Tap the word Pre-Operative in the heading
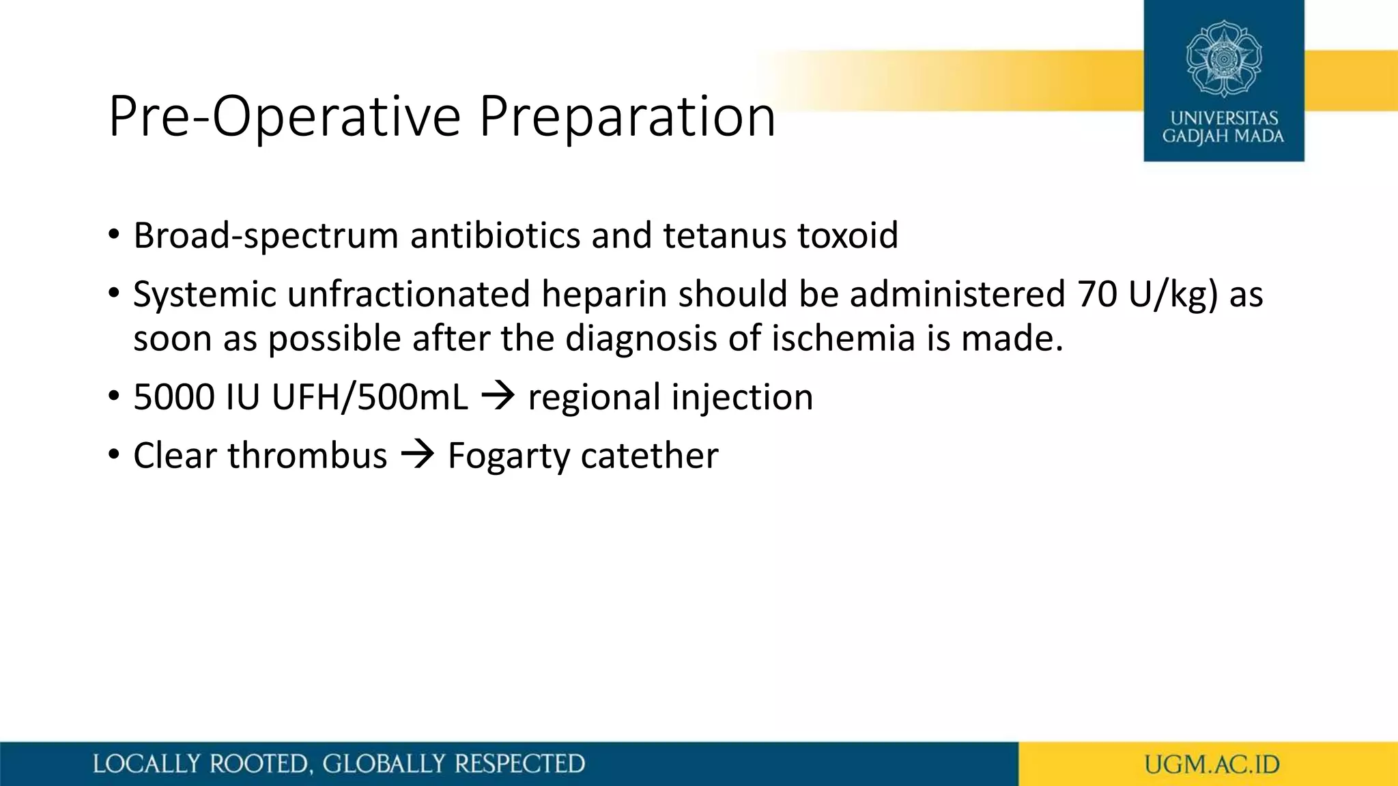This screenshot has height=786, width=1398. tap(285, 117)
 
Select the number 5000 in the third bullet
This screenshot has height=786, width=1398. tap(173, 397)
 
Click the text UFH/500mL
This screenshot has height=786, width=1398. tap(370, 397)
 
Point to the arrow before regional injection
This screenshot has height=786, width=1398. tap(498, 396)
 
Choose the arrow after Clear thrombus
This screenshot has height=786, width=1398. tap(417, 455)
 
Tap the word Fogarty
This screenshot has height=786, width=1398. tap(508, 456)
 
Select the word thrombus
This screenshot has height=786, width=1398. tap(307, 456)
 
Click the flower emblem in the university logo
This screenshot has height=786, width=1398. tap(1223, 59)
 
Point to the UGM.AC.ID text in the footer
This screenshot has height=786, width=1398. tap(1212, 764)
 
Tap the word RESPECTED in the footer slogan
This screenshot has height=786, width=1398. tap(519, 764)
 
